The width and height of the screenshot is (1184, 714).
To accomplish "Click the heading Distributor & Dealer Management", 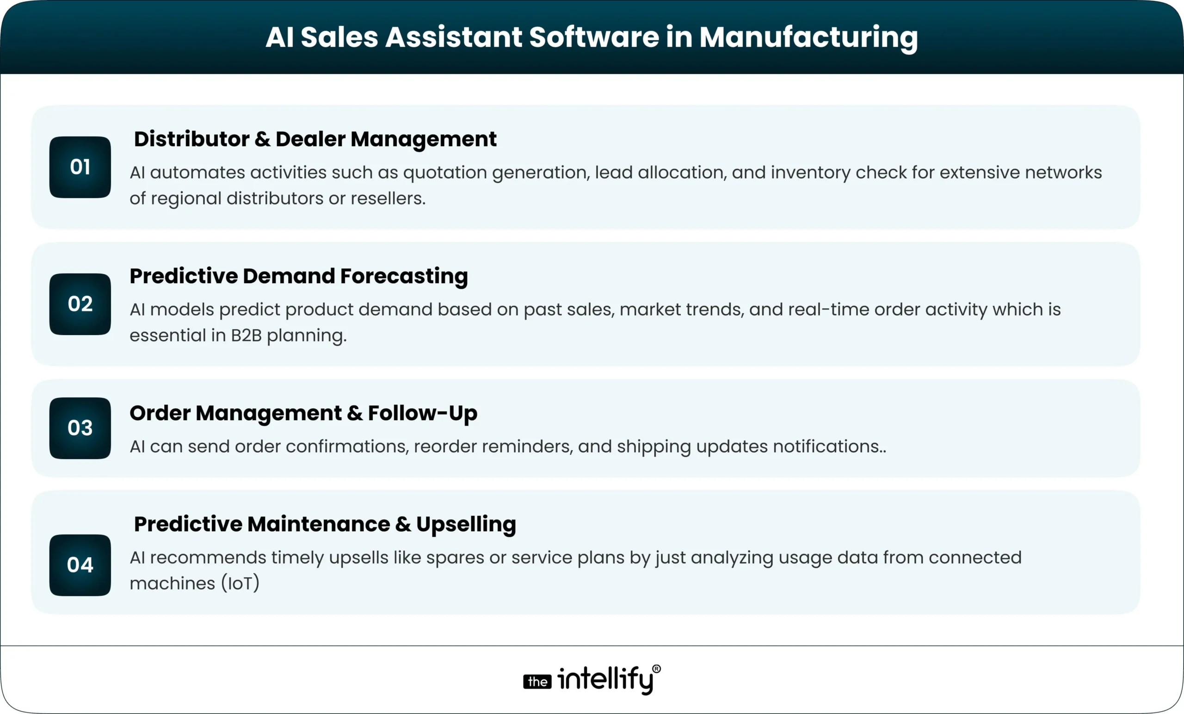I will click(x=315, y=139).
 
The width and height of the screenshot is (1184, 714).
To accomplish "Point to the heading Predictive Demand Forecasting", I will click(x=298, y=276).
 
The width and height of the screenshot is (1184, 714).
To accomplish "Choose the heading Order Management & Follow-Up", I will click(x=303, y=414).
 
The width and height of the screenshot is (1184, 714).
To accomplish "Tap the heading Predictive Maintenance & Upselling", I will click(x=325, y=525).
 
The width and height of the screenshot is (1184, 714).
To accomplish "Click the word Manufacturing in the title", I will click(x=808, y=37).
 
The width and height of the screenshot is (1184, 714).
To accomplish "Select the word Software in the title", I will click(x=594, y=37).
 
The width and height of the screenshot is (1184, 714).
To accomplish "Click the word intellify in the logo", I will click(x=605, y=679).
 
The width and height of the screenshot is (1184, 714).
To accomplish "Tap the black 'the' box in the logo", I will click(x=537, y=681).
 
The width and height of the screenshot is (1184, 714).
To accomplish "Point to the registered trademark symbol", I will click(x=657, y=669).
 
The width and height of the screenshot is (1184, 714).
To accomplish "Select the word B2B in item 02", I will click(x=246, y=335).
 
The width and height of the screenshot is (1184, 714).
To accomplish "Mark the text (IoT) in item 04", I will click(x=240, y=584).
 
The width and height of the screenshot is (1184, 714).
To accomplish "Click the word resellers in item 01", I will click(x=388, y=199).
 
